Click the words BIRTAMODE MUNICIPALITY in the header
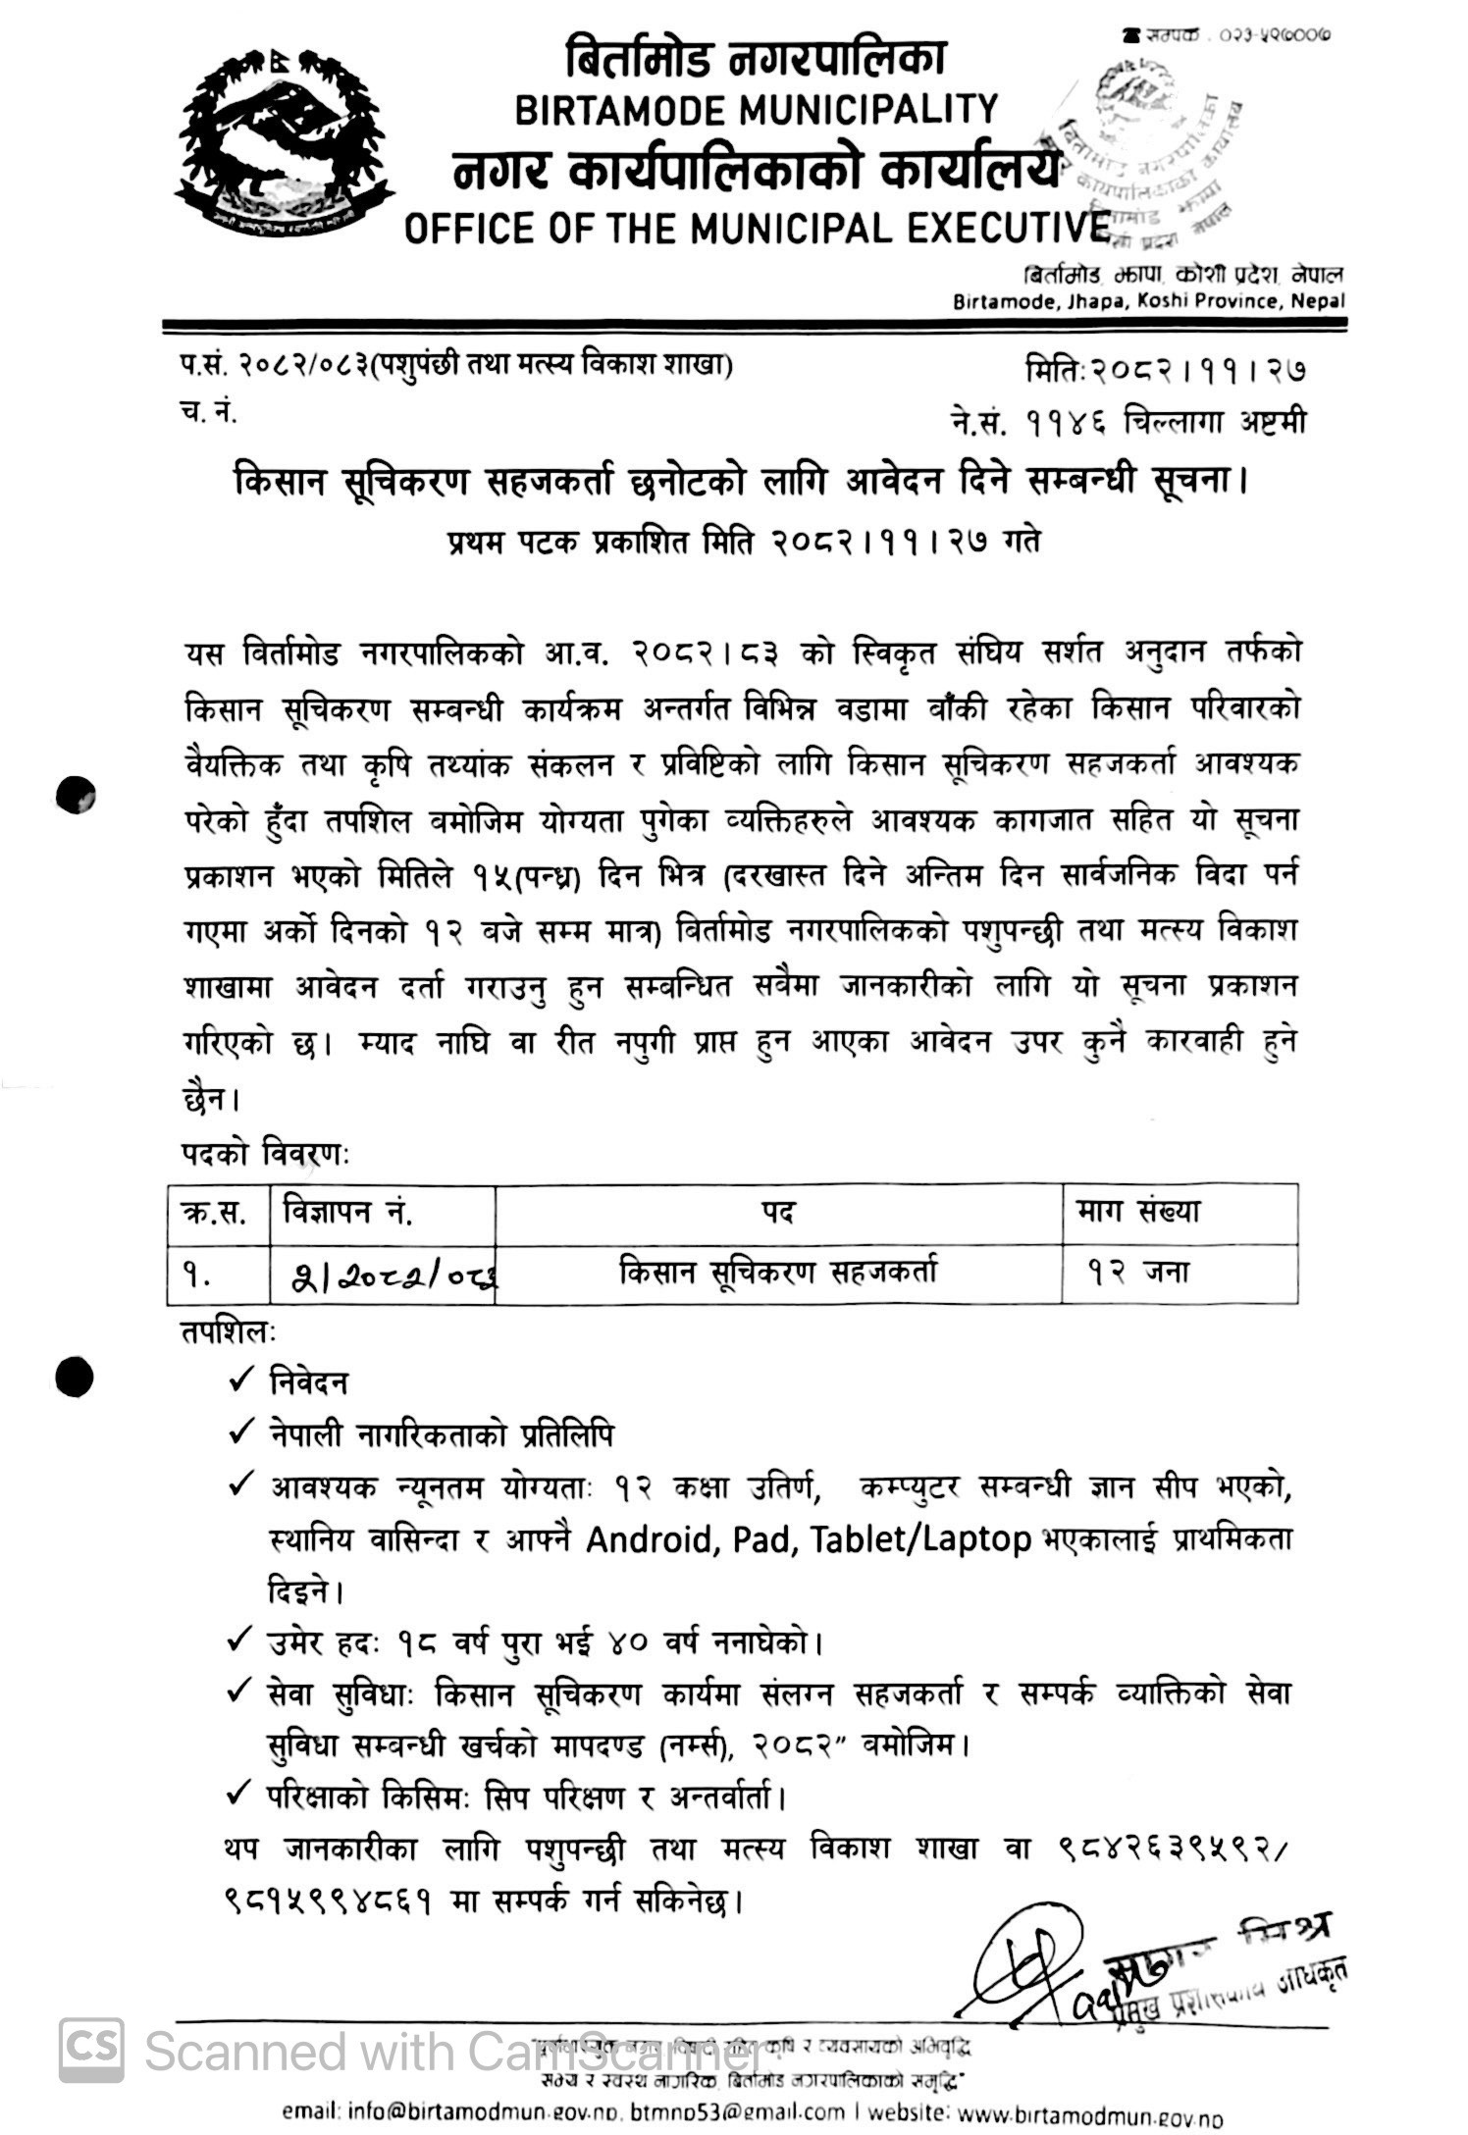[756, 108]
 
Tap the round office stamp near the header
[1148, 157]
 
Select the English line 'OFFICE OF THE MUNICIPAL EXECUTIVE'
[756, 229]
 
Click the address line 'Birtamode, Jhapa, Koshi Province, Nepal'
[1148, 302]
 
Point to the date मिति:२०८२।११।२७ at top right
[1165, 372]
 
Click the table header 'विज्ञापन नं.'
[347, 1213]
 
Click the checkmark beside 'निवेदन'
[240, 1381]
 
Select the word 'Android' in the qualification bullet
[648, 1540]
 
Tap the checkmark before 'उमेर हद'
[240, 1640]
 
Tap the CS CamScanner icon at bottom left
[91, 2050]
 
